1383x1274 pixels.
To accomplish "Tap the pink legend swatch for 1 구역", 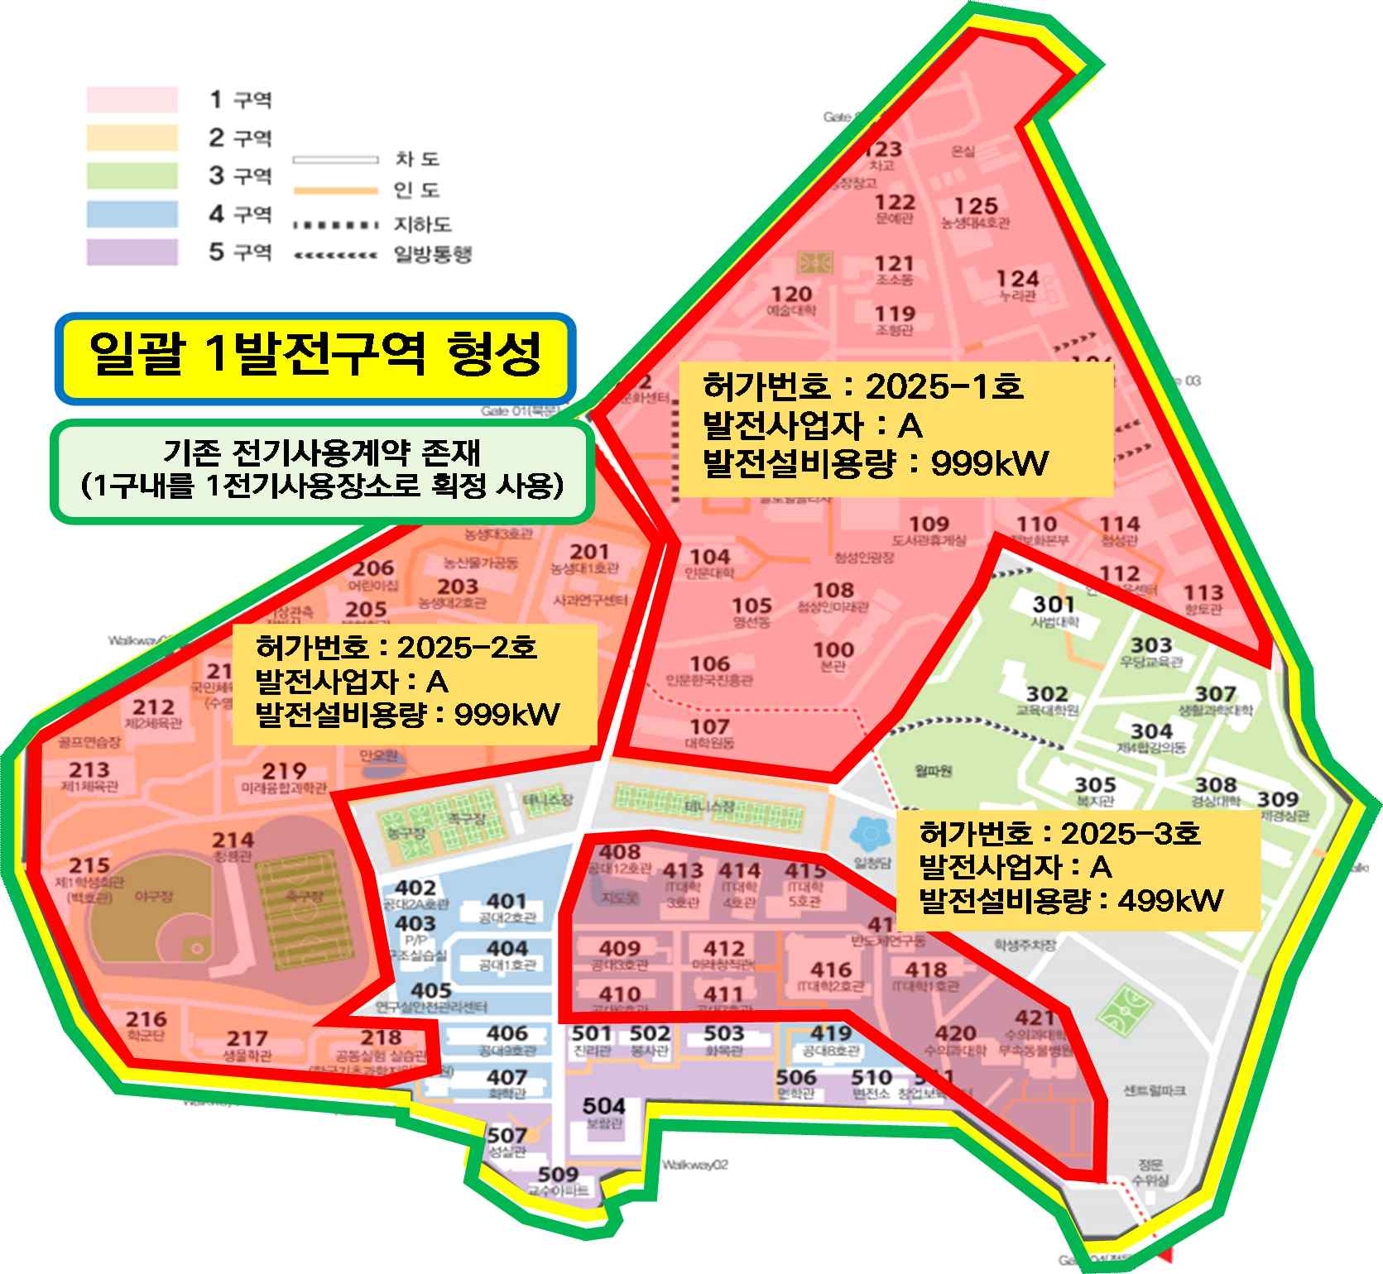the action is [x=132, y=99].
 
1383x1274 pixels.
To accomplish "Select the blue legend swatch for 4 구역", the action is [x=132, y=214].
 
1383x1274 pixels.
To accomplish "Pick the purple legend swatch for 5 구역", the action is [x=132, y=251].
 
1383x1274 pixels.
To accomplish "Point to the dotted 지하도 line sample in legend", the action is [x=336, y=225].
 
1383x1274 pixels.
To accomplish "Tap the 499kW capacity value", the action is [x=1169, y=900].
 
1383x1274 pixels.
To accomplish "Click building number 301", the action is [x=1054, y=604].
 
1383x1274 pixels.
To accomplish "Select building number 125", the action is [x=976, y=205].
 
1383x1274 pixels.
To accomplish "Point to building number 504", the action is [x=603, y=1105].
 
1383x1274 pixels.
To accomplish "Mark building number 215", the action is [x=89, y=865].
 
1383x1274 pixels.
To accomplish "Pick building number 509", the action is [x=558, y=1174].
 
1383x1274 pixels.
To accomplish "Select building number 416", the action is [x=830, y=969].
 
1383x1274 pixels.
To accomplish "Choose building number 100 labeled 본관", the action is [x=833, y=649].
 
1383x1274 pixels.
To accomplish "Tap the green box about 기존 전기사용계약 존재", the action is [x=322, y=472].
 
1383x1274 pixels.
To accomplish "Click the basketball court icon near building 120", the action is [x=817, y=263].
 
